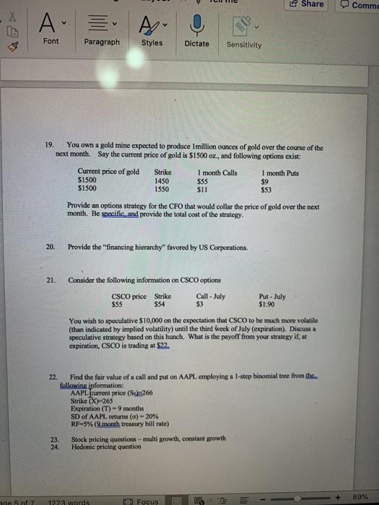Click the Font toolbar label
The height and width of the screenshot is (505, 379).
51,43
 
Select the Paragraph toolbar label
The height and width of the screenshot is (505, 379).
102,43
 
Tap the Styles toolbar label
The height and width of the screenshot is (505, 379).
152,43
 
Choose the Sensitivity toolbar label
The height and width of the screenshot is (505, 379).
245,44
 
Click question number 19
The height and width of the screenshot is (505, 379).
49,146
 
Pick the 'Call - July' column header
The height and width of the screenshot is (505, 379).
211,296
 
